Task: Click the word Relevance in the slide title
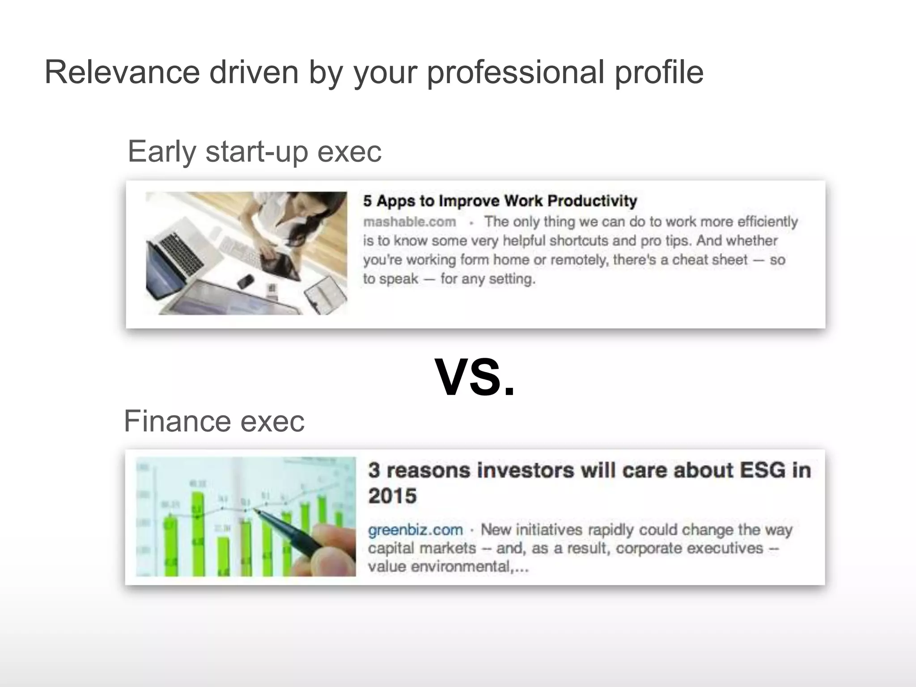coord(122,72)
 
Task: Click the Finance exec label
coord(214,421)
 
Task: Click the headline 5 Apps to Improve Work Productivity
coord(500,201)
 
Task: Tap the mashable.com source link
coord(409,222)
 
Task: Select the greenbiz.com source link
coord(415,530)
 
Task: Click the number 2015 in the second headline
coord(392,496)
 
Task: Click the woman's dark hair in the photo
coord(313,215)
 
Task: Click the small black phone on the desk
coord(246,282)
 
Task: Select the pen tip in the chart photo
coord(257,510)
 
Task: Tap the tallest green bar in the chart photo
coord(197,532)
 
